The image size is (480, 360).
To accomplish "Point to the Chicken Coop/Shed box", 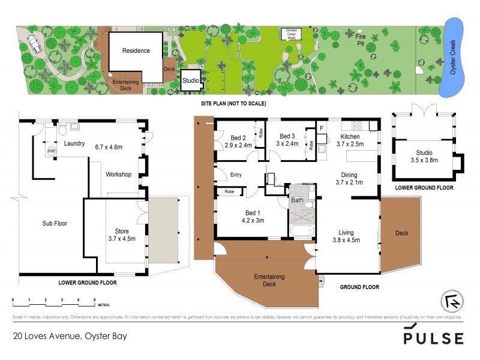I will pyautogui.click(x=291, y=34).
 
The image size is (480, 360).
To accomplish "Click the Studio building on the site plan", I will pyautogui.click(x=191, y=80).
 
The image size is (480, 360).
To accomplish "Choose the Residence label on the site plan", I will pyautogui.click(x=136, y=50).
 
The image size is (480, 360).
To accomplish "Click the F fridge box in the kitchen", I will pyautogui.click(x=321, y=128).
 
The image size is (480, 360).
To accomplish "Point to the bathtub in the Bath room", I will pyautogui.click(x=305, y=230).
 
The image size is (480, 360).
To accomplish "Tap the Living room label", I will pyautogui.click(x=346, y=232).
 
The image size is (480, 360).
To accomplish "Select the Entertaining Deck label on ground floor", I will pyautogui.click(x=269, y=280).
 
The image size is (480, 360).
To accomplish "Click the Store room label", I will pyautogui.click(x=122, y=231).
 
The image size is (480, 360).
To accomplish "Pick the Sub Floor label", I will pyautogui.click(x=54, y=223).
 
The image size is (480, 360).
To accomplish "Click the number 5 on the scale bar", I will pyautogui.click(x=95, y=299).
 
